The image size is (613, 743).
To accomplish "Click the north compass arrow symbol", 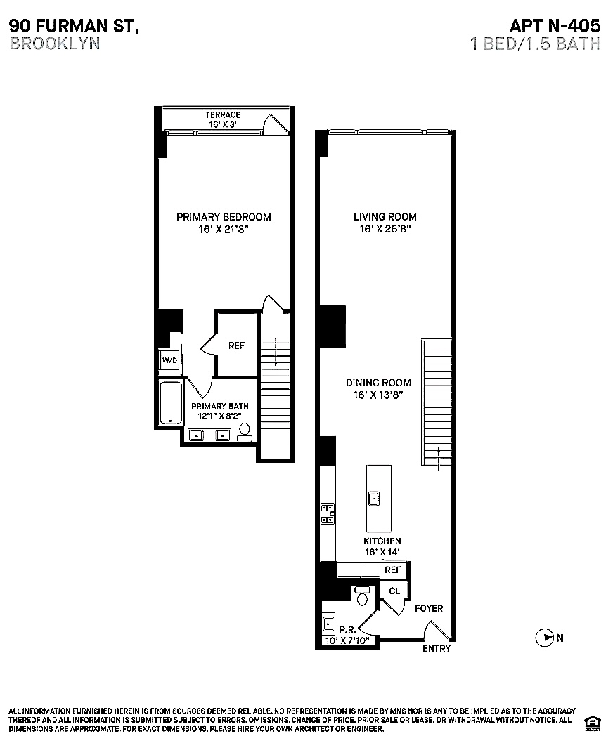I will click(x=544, y=638).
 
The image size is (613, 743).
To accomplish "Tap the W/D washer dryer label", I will click(x=169, y=360).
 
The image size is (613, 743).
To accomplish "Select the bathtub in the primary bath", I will click(x=170, y=403).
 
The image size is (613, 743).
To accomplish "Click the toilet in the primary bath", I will click(x=245, y=432).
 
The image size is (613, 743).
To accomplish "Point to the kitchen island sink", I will click(x=375, y=498).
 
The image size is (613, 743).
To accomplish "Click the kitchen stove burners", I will click(x=327, y=514).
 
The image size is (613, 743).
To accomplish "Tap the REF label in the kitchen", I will click(x=393, y=570).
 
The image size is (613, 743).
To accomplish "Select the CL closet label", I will click(x=394, y=591).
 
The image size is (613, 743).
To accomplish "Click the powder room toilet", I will click(x=363, y=596).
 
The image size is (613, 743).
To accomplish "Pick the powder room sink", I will click(x=328, y=623).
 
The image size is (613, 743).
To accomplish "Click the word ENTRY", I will click(x=436, y=649).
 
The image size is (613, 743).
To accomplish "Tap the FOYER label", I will click(x=429, y=608).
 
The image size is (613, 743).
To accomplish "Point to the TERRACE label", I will click(x=223, y=114).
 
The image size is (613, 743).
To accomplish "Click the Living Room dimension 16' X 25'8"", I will click(x=385, y=229).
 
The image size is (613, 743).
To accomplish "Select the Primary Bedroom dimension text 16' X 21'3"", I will click(x=224, y=229).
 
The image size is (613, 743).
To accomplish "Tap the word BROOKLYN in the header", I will click(x=55, y=43).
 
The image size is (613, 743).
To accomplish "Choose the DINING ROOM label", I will click(x=378, y=383).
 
